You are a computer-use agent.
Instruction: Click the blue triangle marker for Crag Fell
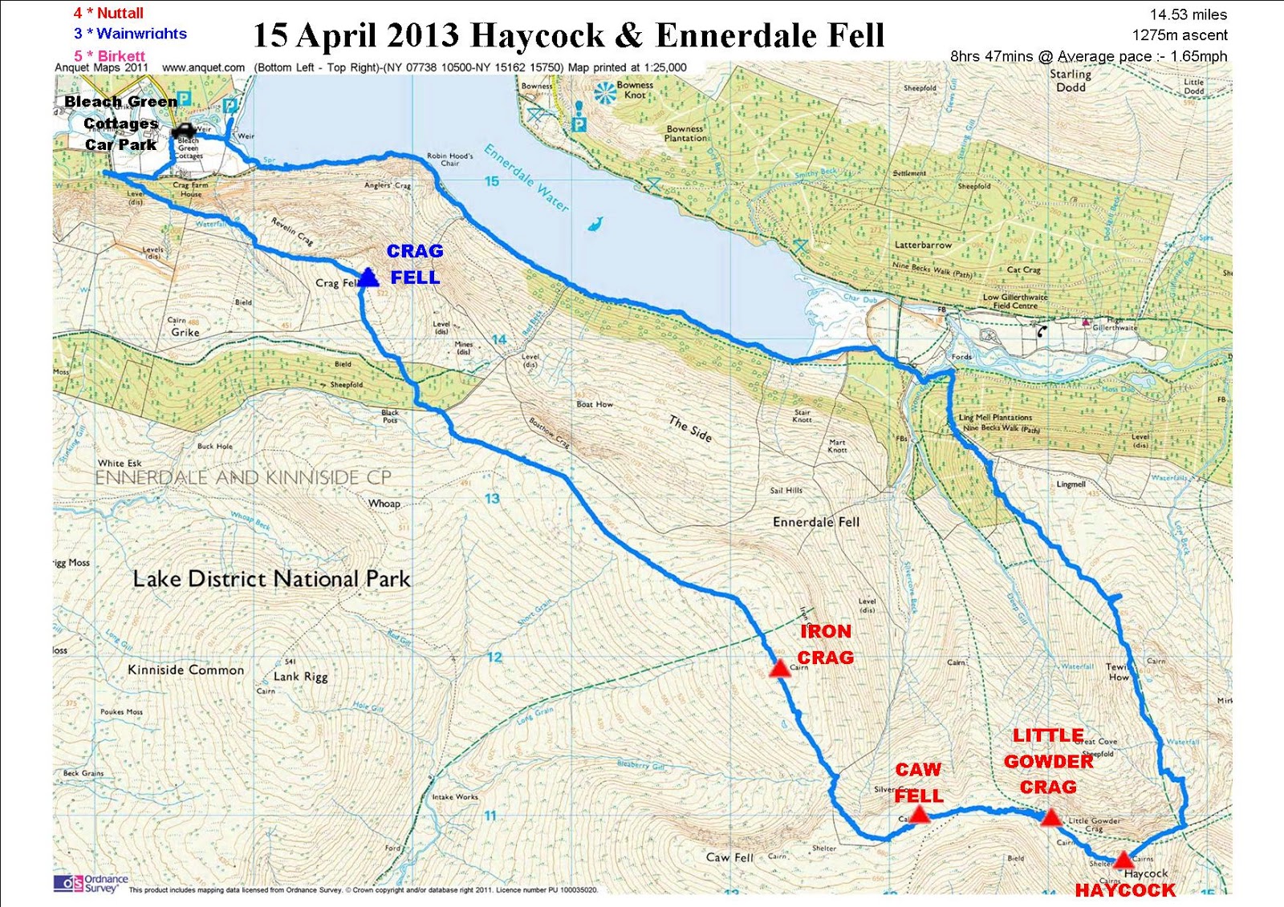coord(368,277)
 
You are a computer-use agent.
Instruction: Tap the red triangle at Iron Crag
coord(779,668)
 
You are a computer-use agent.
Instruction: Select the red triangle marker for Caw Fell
coord(920,815)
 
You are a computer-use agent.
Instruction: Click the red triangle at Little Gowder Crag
coord(1051,817)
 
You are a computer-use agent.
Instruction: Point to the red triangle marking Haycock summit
coord(1123,859)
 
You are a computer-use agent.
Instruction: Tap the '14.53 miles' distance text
coord(1188,14)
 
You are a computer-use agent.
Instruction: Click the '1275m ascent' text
coord(1179,35)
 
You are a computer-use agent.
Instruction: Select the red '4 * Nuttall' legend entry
coord(108,13)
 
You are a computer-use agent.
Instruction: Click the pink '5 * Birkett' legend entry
coord(110,56)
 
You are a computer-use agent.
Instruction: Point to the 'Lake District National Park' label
coord(271,579)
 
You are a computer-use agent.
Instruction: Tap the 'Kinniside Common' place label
coord(185,670)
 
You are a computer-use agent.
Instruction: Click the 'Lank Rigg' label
coord(300,677)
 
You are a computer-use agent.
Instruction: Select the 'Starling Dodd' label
coord(1071,80)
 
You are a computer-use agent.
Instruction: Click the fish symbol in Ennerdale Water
coord(595,224)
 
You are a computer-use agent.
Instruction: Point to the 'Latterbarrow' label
coord(923,245)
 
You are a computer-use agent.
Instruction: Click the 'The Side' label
coord(690,429)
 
